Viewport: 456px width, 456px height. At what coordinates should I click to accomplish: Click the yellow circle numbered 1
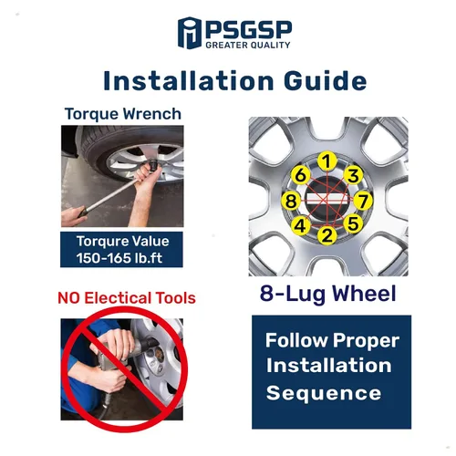point(326,161)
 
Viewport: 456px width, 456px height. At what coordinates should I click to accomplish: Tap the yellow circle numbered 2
point(327,235)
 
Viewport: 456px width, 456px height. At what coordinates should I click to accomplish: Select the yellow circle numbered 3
point(353,175)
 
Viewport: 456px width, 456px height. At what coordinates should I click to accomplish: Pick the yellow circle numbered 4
point(300,226)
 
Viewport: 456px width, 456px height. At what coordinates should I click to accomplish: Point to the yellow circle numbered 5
point(353,223)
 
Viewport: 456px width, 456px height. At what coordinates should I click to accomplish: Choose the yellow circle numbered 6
point(300,175)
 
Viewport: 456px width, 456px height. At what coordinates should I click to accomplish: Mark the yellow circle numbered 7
point(363,201)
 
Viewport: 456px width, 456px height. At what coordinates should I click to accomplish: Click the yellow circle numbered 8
point(291,201)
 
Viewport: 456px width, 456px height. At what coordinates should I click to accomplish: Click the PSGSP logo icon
point(190,33)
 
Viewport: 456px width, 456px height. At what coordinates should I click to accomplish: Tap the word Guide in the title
point(325,81)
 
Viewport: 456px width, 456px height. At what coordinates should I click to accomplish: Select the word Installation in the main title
point(189,81)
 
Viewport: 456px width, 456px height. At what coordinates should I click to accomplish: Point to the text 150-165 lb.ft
point(119,258)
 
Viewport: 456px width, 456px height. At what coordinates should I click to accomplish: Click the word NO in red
point(69,298)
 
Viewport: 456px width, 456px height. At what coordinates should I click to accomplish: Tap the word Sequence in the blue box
point(324,393)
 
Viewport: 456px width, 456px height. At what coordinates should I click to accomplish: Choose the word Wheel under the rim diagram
point(364,294)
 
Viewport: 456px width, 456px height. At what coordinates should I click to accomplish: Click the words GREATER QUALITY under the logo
point(248,46)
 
